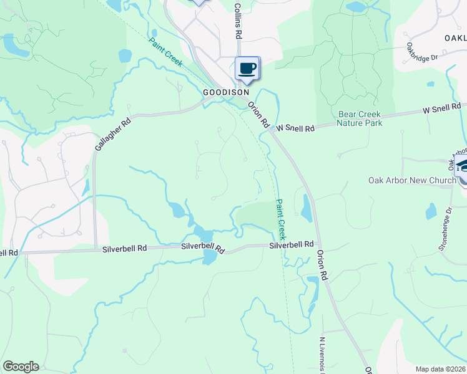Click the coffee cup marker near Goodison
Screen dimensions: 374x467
point(247,69)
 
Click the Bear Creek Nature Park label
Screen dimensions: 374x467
point(358,118)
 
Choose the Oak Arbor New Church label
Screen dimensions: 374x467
point(412,180)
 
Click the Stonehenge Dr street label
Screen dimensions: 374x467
point(444,228)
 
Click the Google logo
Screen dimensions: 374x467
point(21,366)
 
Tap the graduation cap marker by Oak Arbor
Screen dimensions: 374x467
point(463,167)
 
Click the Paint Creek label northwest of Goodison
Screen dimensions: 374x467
point(165,52)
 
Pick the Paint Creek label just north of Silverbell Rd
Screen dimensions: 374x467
point(281,219)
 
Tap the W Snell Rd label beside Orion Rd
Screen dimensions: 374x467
point(295,128)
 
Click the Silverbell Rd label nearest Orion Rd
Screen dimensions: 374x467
point(291,245)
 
